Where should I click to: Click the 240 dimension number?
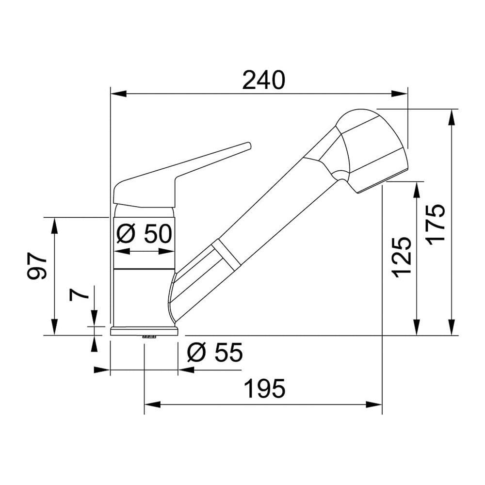coord(263,81)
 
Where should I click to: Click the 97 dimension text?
coord(37,265)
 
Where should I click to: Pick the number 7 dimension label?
coord(79,296)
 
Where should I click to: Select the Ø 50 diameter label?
coord(144,234)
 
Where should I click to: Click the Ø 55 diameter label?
coord(215,352)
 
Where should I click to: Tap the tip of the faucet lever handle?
coord(248,145)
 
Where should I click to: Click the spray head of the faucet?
coord(371,151)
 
